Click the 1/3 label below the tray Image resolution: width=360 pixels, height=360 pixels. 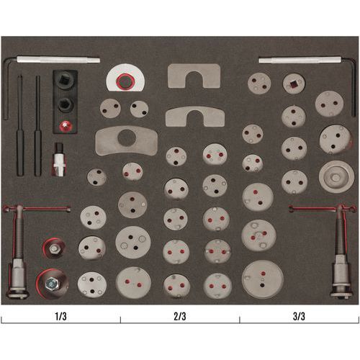(x=60, y=316)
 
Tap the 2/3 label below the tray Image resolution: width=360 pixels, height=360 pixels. (x=180, y=316)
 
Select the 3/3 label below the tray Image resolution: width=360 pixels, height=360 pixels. (x=299, y=316)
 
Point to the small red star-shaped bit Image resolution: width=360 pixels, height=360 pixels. (x=64, y=125)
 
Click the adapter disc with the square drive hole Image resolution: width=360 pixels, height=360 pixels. (x=294, y=84)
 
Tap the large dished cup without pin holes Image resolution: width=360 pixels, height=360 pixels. (x=337, y=177)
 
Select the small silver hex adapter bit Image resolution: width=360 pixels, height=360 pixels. (x=58, y=159)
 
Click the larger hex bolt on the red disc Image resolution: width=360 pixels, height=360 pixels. (x=52, y=284)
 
